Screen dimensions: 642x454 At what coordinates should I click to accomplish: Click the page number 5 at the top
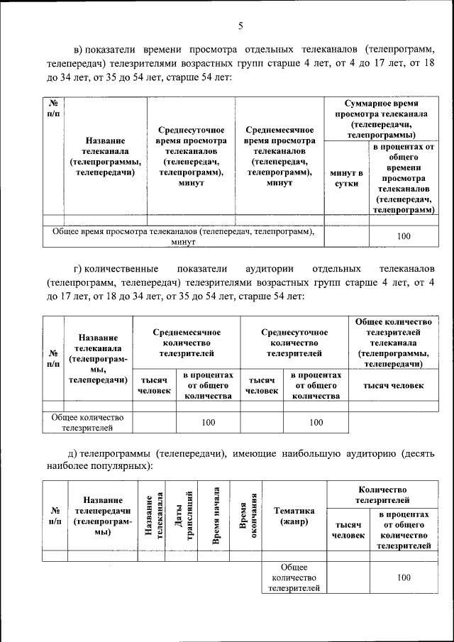pos(240,26)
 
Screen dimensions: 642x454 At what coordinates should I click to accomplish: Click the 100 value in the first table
pos(404,236)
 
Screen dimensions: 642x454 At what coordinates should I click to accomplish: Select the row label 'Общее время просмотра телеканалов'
pos(182,236)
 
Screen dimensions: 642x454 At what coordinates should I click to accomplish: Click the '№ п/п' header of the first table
pos(53,109)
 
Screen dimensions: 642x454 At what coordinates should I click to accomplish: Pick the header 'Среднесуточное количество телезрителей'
pos(294,342)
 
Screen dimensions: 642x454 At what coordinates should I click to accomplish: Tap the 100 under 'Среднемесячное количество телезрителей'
pos(208,422)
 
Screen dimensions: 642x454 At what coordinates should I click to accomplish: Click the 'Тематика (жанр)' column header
pos(294,516)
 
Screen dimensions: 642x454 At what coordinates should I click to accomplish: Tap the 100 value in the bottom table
pos(404,577)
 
